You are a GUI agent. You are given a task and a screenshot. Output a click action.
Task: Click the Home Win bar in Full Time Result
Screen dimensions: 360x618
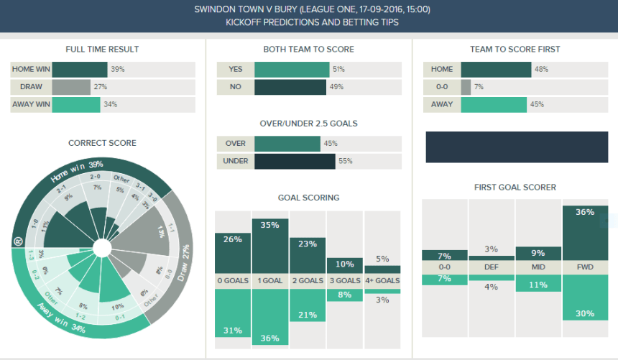[x=79, y=69]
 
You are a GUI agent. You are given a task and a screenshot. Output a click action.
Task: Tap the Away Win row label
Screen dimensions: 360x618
[x=30, y=104]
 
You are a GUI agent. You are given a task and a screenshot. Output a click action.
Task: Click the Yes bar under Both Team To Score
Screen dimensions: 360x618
[x=291, y=69]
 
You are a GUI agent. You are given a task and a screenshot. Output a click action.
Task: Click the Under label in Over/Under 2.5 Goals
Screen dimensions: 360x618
[x=236, y=161]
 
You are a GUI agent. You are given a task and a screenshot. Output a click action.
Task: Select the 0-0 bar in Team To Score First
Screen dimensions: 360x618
[x=466, y=86]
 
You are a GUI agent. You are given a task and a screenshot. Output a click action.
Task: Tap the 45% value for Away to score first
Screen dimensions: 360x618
[x=537, y=104]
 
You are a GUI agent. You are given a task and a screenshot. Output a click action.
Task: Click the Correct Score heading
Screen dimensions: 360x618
[x=102, y=143]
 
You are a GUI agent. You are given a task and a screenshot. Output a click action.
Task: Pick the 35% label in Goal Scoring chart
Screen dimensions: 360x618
[x=270, y=225]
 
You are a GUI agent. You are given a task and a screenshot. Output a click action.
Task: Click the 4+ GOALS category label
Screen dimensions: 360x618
[x=382, y=281]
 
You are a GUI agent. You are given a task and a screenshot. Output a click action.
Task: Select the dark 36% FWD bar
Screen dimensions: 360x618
[x=584, y=233]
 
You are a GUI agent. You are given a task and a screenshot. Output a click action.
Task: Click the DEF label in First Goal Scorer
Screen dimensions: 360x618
[x=491, y=266]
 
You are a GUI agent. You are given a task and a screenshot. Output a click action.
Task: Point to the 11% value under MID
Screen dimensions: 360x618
[x=538, y=285]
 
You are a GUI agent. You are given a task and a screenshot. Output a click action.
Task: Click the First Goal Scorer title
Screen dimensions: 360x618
[x=515, y=188]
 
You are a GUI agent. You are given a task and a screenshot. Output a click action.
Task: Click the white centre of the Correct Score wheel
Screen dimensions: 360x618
[x=102, y=249]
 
